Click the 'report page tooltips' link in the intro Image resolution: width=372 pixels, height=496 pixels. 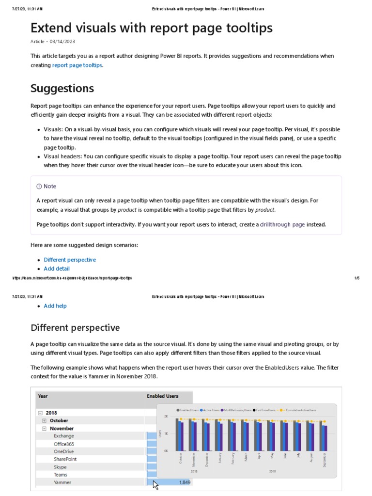tap(77, 65)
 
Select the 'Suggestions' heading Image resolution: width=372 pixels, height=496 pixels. tap(62, 89)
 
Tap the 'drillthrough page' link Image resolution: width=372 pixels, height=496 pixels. tap(282, 224)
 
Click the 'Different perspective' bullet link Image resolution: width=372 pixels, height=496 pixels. tap(70, 260)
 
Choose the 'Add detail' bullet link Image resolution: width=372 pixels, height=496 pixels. tap(57, 268)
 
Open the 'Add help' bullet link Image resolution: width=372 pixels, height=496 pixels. tap(55, 306)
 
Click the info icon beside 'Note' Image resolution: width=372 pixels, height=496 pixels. tap(39, 186)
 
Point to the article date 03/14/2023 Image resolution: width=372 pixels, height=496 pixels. tap(62, 42)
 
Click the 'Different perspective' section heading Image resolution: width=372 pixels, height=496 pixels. tap(75, 328)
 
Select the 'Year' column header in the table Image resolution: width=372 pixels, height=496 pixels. tap(43, 396)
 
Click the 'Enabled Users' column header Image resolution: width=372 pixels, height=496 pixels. tap(162, 396)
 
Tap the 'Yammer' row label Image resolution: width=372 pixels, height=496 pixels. tap(62, 482)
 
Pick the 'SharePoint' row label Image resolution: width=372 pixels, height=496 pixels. tap(65, 459)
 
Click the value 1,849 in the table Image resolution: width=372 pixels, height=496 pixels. tap(185, 482)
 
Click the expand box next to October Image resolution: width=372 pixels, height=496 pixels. tap(44, 420)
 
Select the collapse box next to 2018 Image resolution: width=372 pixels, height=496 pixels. tap(39, 413)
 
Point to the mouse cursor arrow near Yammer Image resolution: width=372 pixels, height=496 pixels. tap(155, 484)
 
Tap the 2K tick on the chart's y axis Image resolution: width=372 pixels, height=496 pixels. tap(166, 417)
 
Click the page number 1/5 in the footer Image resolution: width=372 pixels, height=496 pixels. tap(356, 278)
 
